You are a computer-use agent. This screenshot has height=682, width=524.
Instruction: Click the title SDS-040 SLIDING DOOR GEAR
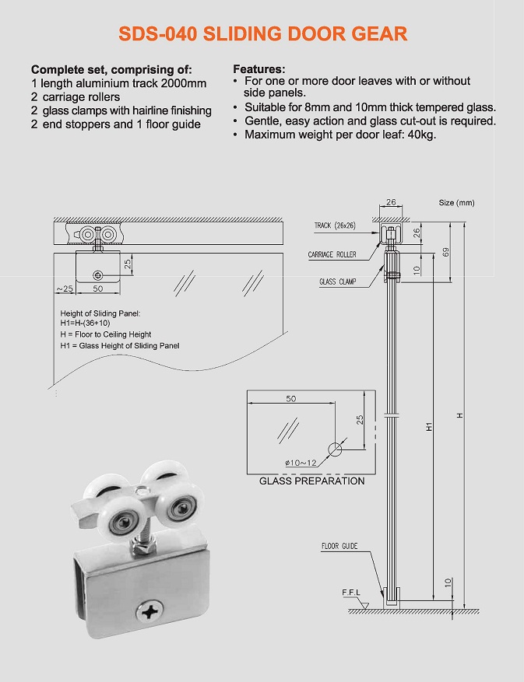[x=262, y=34]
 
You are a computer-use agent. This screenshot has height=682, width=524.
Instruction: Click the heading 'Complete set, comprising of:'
[x=111, y=70]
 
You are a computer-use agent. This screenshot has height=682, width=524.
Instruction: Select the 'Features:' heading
[x=259, y=69]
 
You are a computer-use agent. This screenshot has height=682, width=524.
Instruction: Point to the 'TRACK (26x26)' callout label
[x=335, y=226]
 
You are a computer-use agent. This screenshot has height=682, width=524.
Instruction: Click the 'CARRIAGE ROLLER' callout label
[x=332, y=254]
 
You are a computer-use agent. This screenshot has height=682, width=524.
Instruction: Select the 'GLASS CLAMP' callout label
[x=337, y=282]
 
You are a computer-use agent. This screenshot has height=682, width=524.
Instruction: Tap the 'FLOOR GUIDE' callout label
[x=339, y=546]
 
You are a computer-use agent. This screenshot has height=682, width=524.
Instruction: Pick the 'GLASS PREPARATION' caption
[x=311, y=481]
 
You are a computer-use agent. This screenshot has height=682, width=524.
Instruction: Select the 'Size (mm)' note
[x=456, y=203]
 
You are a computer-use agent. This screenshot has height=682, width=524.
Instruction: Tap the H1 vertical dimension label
[x=429, y=427]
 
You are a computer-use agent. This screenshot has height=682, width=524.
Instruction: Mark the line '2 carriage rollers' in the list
[x=76, y=97]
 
